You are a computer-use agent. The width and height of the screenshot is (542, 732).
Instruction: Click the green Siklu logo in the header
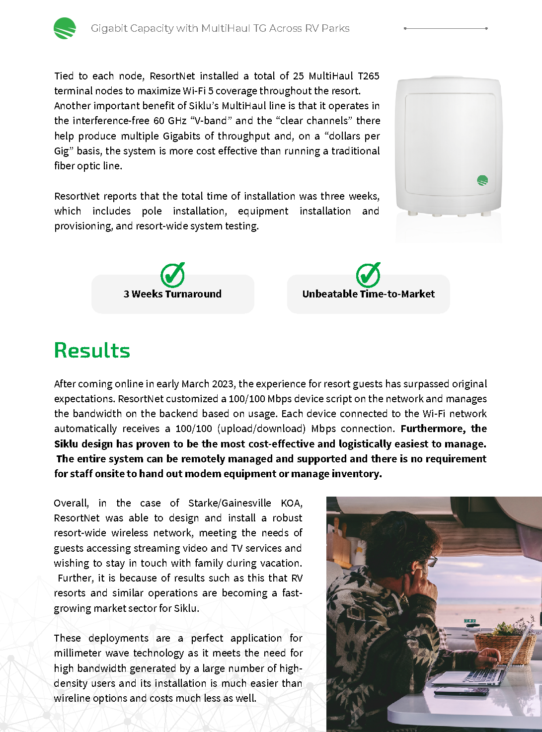(65, 28)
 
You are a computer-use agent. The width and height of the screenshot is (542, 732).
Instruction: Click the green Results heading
(92, 350)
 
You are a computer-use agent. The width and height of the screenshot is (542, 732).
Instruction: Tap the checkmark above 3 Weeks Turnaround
(172, 275)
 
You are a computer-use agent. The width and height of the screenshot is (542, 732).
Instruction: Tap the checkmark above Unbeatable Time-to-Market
(368, 275)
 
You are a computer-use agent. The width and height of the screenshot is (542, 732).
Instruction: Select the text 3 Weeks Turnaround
(172, 294)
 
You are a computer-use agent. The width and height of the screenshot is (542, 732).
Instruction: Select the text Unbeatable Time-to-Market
(368, 294)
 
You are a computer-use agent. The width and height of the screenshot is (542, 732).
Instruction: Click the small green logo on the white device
(482, 180)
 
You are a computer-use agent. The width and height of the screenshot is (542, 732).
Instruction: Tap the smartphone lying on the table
(454, 691)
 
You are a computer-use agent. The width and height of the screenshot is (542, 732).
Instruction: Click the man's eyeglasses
(431, 561)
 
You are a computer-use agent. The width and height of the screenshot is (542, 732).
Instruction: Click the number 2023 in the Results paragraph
(223, 384)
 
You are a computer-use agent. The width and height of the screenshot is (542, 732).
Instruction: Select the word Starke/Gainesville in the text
(230, 503)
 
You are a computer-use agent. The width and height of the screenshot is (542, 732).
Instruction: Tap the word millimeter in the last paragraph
(78, 653)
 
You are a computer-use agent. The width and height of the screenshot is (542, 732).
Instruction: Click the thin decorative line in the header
(446, 28)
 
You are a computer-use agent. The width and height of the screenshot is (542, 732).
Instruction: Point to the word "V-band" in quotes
(211, 121)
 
